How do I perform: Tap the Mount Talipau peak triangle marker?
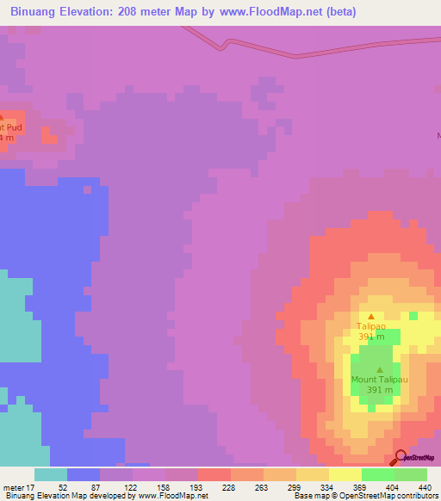(379, 369)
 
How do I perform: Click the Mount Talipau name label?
(379, 379)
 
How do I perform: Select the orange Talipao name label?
(372, 326)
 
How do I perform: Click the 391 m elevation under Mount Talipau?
(379, 389)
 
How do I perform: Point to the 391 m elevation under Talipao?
(372, 337)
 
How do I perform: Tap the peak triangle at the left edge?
(1, 117)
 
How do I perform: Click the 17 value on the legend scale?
(30, 486)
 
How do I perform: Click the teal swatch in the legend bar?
(51, 474)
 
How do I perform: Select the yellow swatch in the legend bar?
(345, 474)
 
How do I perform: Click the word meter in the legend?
(13, 486)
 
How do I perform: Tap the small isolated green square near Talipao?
(414, 316)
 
